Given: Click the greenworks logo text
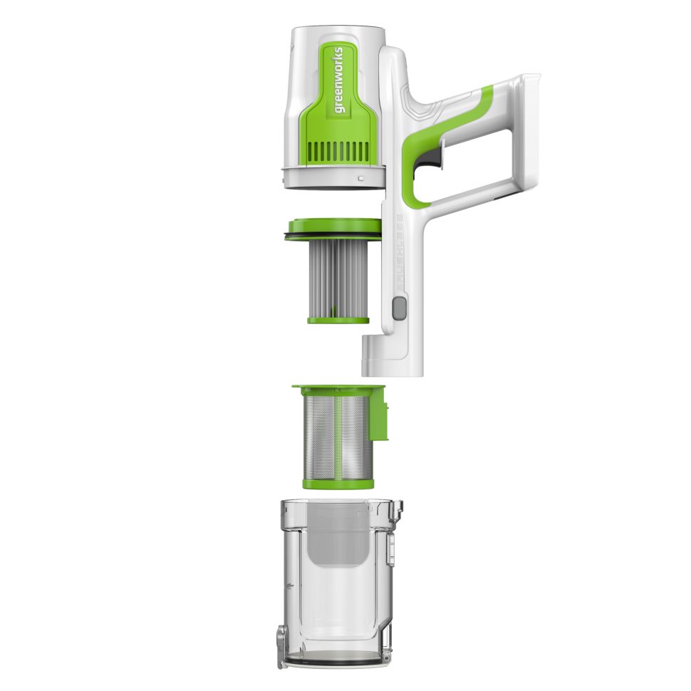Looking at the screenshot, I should click(338, 79).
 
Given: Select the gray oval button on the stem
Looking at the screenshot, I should click(399, 308).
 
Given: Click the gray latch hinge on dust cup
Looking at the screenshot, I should click(284, 636).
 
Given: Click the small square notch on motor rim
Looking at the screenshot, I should click(361, 177).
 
